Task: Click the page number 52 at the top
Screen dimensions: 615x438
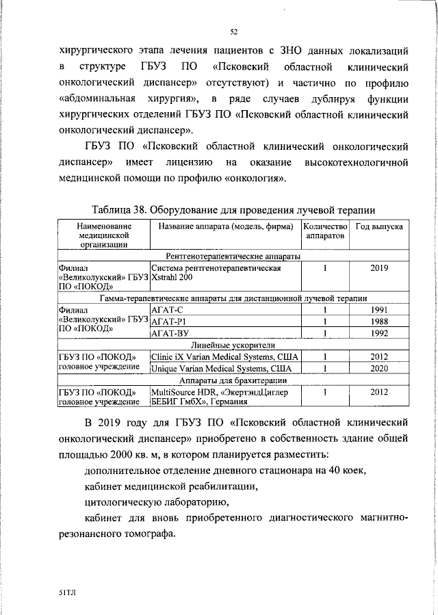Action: (x=233, y=31)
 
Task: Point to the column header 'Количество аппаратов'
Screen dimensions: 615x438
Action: (x=325, y=231)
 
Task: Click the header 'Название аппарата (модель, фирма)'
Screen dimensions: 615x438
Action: (x=224, y=226)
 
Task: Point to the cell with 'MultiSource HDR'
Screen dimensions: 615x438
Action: (x=183, y=392)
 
